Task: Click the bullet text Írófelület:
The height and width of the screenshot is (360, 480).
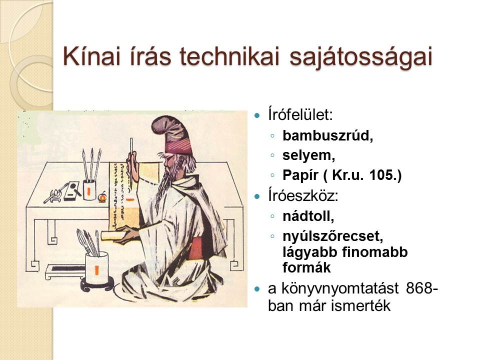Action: [x=300, y=114]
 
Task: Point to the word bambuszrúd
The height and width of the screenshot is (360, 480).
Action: [x=327, y=135]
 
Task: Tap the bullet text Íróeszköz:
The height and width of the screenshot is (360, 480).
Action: [x=303, y=196]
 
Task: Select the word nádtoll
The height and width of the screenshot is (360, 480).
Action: [x=307, y=216]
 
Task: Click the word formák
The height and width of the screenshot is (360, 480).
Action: [x=306, y=267]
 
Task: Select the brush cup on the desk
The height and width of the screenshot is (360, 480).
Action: [x=89, y=190]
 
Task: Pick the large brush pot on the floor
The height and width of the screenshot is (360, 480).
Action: [x=96, y=268]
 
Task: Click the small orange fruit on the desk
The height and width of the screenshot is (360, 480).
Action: [x=102, y=197]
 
